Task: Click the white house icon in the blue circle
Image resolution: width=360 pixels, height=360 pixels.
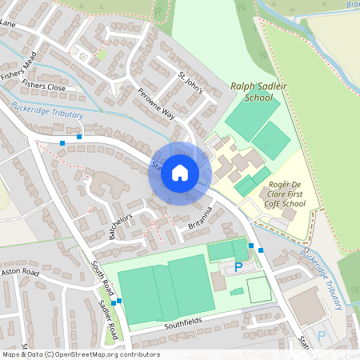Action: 180,173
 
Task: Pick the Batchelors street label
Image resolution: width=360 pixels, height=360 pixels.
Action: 117,228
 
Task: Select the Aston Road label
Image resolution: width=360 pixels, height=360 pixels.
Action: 20,273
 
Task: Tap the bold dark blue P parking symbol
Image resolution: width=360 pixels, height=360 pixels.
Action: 238,266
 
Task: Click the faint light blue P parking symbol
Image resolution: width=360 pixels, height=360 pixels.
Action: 322,335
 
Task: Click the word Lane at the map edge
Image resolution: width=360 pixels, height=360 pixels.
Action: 8,24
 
